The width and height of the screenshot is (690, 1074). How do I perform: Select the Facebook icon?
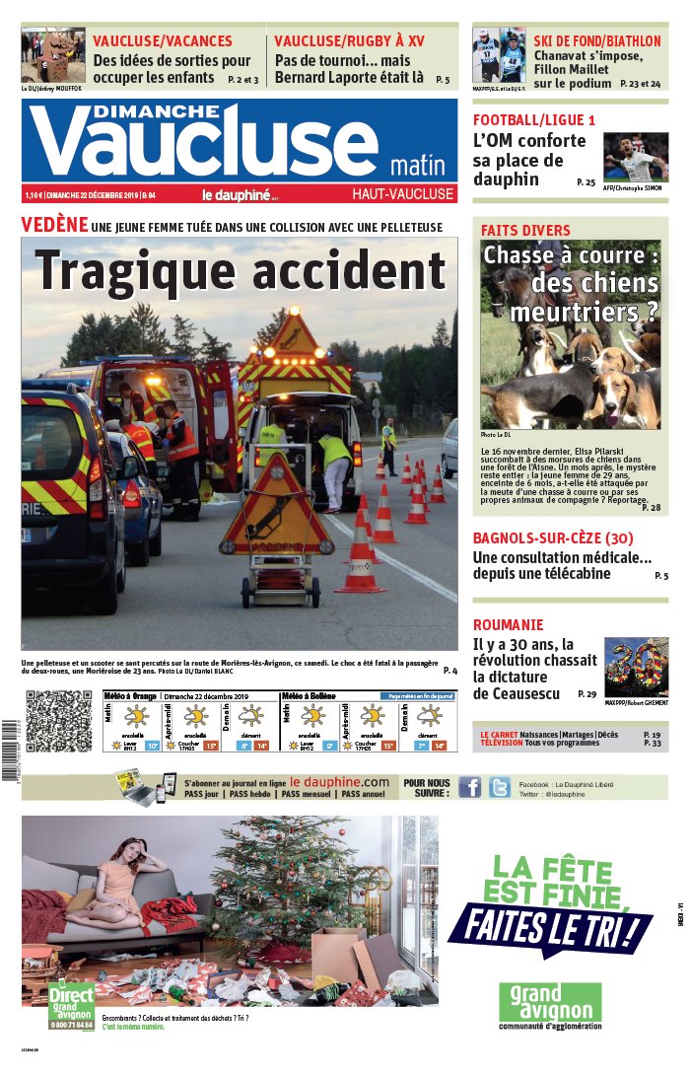coord(471,786)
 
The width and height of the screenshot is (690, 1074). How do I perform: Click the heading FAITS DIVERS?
coord(525,230)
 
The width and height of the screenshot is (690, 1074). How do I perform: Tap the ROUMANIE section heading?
coord(508,624)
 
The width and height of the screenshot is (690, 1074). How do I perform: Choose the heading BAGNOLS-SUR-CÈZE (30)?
coord(552,538)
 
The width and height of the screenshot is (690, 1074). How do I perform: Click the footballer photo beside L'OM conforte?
coord(635,158)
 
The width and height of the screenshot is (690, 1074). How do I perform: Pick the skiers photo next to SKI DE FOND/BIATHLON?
coord(499,55)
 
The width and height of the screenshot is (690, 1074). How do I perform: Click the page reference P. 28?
coord(652,508)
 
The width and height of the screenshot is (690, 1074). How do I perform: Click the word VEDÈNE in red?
coord(54,225)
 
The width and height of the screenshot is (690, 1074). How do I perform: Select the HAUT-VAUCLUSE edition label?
coord(403,194)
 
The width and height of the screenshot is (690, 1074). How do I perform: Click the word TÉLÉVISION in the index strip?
coord(509,743)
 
